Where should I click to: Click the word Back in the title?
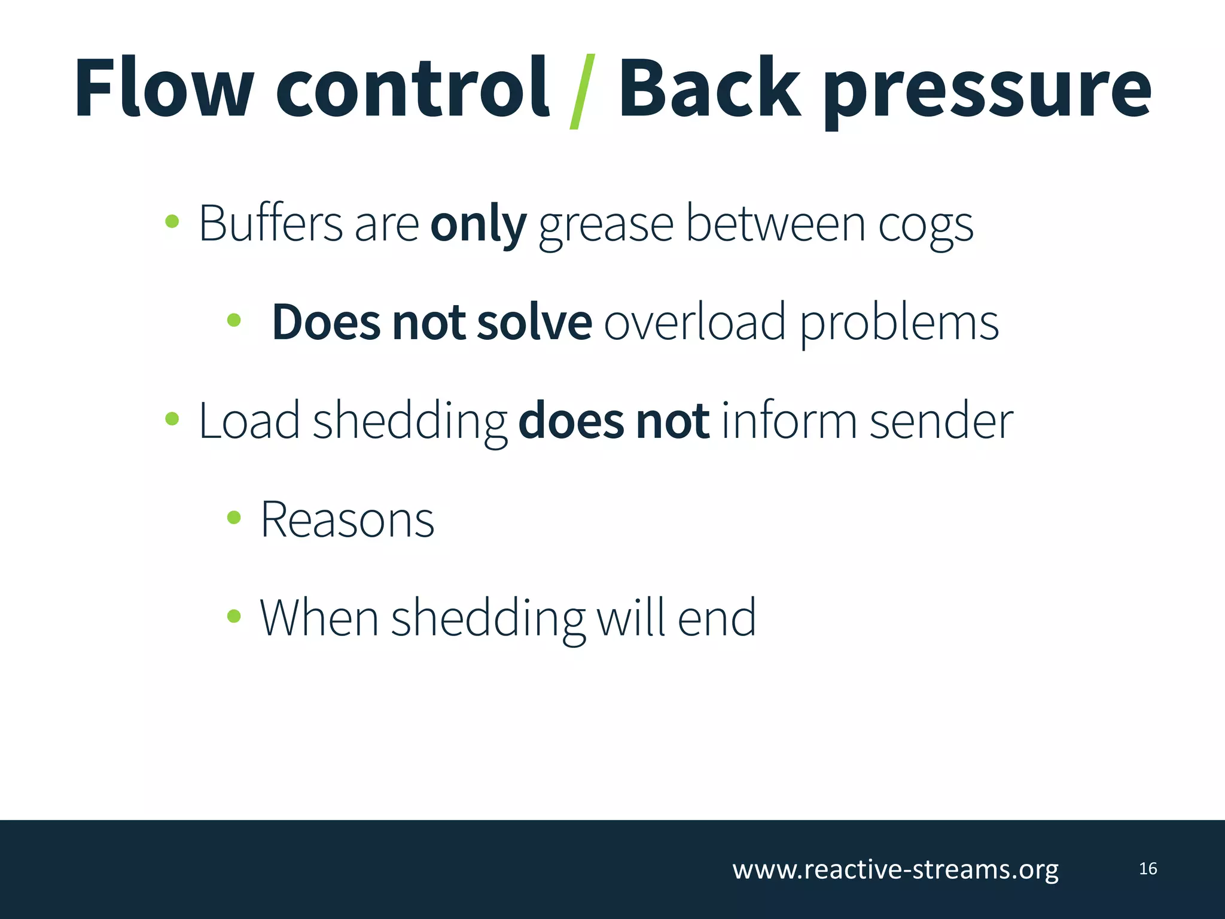(x=708, y=88)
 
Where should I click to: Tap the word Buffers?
(x=270, y=223)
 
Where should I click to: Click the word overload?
(x=694, y=322)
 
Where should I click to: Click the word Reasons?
(x=347, y=519)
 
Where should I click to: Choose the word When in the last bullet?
(x=318, y=617)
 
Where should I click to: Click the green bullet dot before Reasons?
(x=234, y=518)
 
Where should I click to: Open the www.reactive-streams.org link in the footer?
(x=895, y=869)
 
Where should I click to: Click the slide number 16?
(x=1148, y=869)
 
